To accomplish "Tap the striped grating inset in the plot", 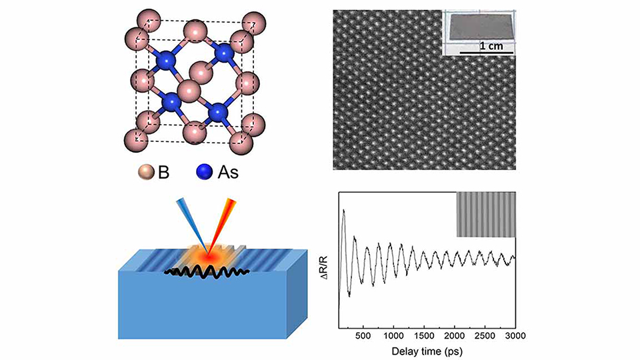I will (485, 214).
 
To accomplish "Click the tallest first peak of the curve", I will (344, 211).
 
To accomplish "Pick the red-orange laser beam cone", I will (224, 223).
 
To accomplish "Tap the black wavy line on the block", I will (207, 273).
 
